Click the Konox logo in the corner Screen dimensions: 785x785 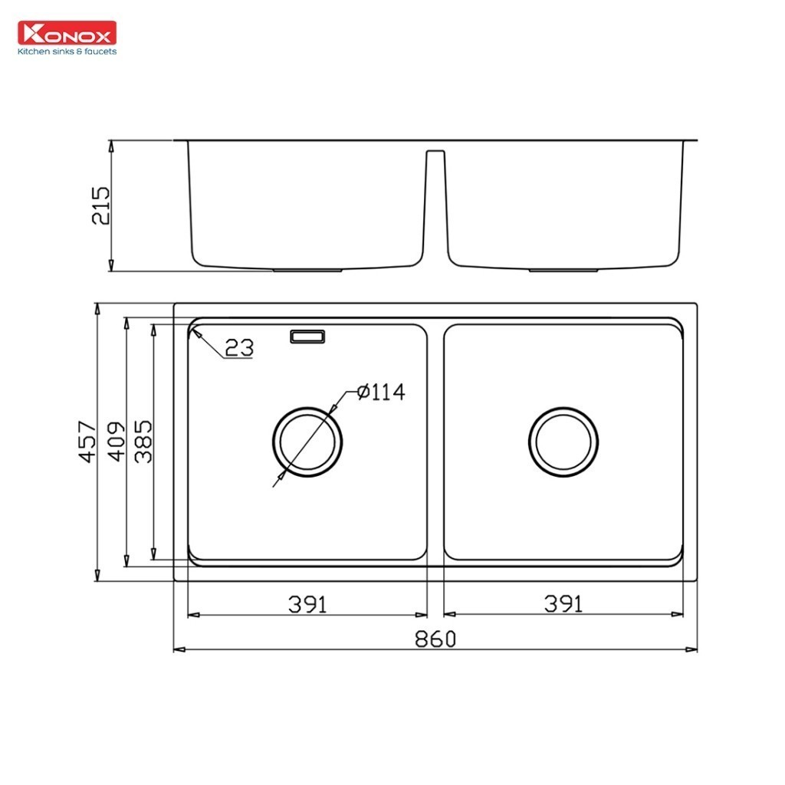[67, 34]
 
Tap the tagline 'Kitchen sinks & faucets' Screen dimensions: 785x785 [67, 51]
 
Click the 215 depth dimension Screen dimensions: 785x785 [101, 205]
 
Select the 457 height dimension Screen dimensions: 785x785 [87, 442]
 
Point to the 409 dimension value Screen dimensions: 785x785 [115, 442]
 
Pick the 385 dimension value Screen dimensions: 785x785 [143, 442]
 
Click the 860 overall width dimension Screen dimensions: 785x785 [435, 639]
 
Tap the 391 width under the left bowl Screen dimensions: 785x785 [307, 604]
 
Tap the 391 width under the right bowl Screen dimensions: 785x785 [563, 604]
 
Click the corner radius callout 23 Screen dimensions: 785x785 [239, 348]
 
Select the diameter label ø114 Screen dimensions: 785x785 [381, 392]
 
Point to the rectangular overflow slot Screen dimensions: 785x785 [307, 337]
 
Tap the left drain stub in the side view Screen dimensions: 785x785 [308, 270]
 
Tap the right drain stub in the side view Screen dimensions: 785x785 [563, 270]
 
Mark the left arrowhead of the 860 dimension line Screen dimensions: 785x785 [178, 650]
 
